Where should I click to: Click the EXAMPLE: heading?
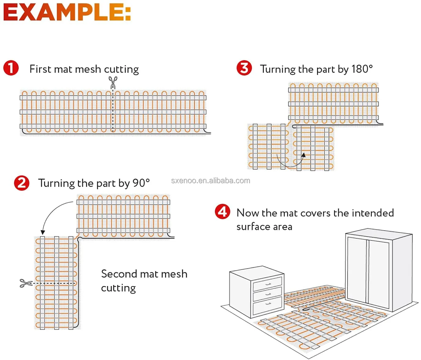[x=67, y=13]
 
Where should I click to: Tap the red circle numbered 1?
[x=11, y=68]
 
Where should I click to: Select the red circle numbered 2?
[x=21, y=183]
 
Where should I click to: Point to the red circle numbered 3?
[x=244, y=68]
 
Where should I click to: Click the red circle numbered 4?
[x=222, y=212]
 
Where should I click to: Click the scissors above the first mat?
[x=113, y=82]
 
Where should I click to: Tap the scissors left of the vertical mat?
[x=26, y=283]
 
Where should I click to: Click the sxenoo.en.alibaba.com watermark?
[x=210, y=181]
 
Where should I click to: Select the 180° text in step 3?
[x=362, y=69]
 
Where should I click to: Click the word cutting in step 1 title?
[x=121, y=70]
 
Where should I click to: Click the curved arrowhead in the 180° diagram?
[x=303, y=155]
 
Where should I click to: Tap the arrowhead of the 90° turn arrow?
[x=43, y=232]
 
